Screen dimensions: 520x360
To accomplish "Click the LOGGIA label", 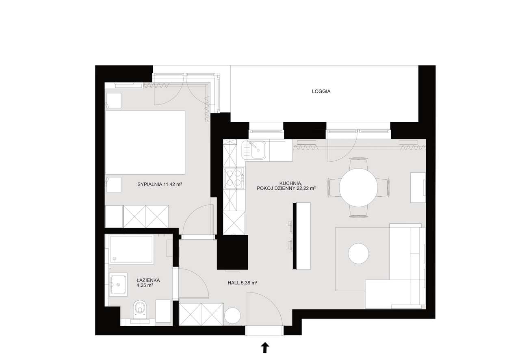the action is pos(321,91).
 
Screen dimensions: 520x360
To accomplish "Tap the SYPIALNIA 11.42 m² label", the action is pos(160,184).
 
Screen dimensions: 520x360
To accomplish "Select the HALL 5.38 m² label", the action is pos(243,283).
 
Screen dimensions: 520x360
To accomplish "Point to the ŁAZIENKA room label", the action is pos(148,280).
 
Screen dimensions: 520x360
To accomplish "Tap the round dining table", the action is pos(358,187).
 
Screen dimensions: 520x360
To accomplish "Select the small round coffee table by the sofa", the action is pos(358,254).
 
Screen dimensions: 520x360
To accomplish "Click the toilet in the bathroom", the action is pos(140,309).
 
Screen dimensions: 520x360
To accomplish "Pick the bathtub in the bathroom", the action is pos(131,249).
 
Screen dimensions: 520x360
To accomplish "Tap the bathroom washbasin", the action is pos(118,284).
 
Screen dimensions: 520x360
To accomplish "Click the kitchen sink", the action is pos(254,150).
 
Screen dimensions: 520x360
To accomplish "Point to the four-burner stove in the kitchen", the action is pos(234,178).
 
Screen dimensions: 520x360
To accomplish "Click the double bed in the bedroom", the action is pos(145,142).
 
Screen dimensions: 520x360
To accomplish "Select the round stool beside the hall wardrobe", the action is pos(232,316).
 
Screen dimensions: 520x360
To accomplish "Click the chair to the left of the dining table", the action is pos(334,187).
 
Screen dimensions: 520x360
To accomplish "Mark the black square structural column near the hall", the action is pos(232,252).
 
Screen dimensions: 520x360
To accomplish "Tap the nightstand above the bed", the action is pos(114,101).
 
